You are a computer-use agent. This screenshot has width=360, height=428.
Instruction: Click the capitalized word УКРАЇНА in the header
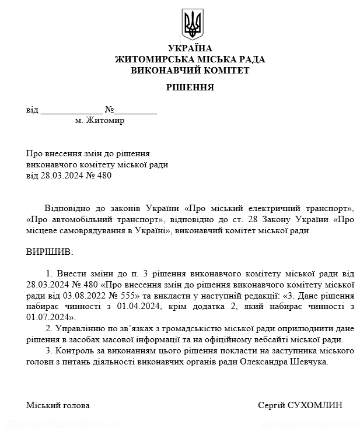[x=190, y=48]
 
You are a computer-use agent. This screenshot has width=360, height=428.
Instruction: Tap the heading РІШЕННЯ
[x=190, y=88]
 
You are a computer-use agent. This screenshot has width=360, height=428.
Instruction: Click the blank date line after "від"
[x=71, y=110]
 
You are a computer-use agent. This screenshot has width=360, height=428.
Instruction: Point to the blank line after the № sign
[x=135, y=110]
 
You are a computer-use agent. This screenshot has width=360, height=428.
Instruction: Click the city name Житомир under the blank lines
[x=104, y=121]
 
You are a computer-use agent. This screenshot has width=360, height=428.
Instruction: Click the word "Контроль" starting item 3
[x=73, y=351]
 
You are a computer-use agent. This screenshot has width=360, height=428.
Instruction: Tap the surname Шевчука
[x=310, y=362]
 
